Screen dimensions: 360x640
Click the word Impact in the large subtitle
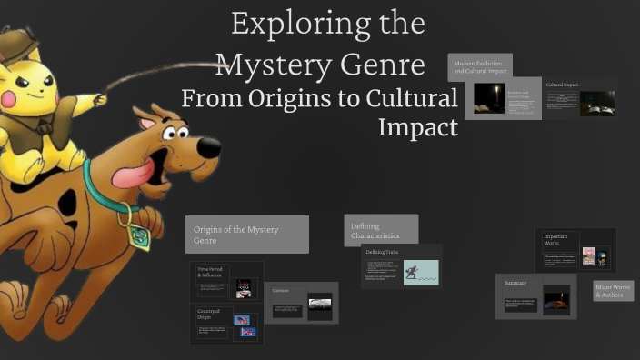(x=417, y=127)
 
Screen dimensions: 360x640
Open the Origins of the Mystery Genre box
(x=246, y=235)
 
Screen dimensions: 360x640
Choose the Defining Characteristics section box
(x=381, y=231)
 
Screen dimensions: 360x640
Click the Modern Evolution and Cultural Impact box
(x=480, y=66)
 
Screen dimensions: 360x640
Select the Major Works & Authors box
(x=614, y=291)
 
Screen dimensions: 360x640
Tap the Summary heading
(x=516, y=283)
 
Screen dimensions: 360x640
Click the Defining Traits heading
(x=382, y=251)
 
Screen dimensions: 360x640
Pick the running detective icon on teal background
(x=420, y=272)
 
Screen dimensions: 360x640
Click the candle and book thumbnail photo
(x=489, y=97)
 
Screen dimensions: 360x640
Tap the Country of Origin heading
(x=210, y=314)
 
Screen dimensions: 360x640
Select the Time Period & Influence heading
(x=210, y=272)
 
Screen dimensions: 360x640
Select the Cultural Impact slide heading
(x=562, y=85)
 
